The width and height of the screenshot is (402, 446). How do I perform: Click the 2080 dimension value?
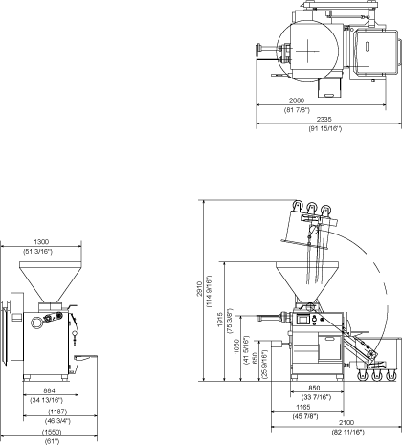(297, 100)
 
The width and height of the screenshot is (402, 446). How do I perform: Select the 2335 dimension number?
(324, 119)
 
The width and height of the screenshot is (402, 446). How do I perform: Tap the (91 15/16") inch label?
(324, 129)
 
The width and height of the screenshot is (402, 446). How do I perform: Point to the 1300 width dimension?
(41, 242)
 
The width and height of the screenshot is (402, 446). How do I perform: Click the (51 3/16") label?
(37, 252)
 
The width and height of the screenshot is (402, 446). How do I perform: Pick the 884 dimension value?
(49, 390)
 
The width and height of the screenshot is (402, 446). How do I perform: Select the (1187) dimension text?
(57, 412)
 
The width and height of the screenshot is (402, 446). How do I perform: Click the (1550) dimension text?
(52, 433)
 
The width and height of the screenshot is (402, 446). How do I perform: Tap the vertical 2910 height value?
(200, 289)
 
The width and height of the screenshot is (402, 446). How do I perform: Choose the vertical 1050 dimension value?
(236, 346)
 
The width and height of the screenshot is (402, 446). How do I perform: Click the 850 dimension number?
(314, 388)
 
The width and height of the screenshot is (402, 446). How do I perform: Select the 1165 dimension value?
(303, 407)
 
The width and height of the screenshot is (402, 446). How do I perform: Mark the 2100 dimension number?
(346, 423)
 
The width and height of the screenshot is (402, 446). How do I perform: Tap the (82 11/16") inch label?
(348, 433)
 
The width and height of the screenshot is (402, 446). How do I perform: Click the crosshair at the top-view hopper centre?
(307, 51)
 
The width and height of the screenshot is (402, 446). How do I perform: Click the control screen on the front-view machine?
(303, 320)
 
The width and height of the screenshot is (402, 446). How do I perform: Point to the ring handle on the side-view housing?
(36, 323)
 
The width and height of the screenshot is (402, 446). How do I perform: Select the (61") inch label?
(52, 441)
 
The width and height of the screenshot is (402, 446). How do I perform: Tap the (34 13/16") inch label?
(47, 400)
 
